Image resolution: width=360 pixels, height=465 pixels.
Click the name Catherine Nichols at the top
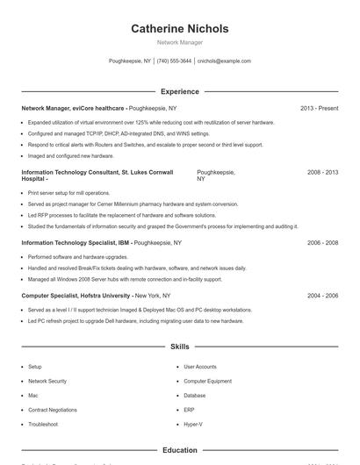tap(179, 29)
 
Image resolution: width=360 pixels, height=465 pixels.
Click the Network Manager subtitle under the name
tap(179, 42)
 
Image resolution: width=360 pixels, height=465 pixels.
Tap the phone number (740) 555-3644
tap(174, 61)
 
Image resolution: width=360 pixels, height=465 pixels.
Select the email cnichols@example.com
tap(224, 61)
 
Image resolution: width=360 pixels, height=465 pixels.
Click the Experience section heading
tap(179, 91)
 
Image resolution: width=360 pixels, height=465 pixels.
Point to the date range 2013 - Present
tap(319, 108)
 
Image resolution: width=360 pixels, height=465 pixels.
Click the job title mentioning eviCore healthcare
tap(76, 108)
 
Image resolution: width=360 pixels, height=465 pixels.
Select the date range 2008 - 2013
tap(322, 173)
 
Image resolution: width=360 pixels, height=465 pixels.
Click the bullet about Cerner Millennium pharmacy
tap(133, 204)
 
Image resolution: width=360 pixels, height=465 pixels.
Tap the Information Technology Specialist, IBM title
tap(76, 242)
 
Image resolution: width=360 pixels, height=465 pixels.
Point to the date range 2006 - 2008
tap(322, 242)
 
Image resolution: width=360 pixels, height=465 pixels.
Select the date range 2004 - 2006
tap(322, 296)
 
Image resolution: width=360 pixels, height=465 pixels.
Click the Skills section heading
tap(179, 347)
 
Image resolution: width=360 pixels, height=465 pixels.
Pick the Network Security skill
tap(47, 382)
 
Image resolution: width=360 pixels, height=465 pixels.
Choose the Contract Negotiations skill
tap(52, 410)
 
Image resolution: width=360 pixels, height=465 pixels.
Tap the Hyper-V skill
tap(192, 424)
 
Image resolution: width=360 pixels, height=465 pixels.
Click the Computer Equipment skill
tap(207, 382)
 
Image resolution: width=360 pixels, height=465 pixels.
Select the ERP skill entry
tap(189, 410)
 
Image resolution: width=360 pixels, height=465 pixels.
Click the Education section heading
tap(179, 450)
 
